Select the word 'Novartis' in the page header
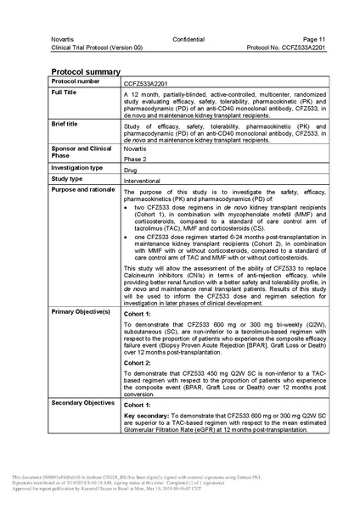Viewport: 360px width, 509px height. [65, 40]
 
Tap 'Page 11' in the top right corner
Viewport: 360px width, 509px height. [298, 40]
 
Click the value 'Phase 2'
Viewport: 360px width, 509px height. [136, 158]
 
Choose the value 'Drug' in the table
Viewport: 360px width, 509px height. [132, 170]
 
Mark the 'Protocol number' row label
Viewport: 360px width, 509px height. [78, 81]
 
